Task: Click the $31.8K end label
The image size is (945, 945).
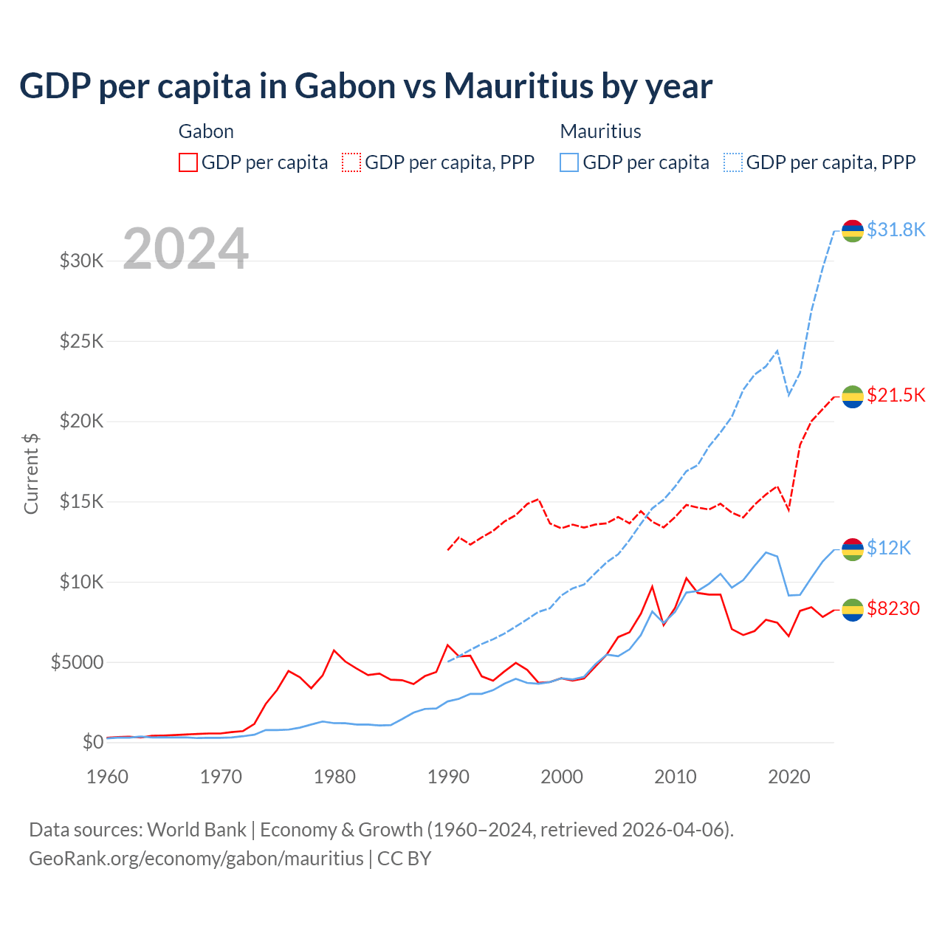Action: coord(896,230)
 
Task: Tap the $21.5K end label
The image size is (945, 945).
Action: coord(896,395)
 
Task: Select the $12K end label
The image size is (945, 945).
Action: coord(888,548)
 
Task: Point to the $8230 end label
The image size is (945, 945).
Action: coord(893,608)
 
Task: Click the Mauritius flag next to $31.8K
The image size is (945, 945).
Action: coord(853,230)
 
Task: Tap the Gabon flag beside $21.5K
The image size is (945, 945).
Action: coord(853,396)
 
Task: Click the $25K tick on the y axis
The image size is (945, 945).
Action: coord(81,341)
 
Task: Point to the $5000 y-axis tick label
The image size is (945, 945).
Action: coord(77,662)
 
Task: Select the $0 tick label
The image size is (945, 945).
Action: coord(92,742)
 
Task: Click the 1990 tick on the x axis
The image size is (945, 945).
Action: coord(448,777)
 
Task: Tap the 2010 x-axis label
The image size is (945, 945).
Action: coord(676,777)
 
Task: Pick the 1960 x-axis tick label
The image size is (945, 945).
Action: coord(108,777)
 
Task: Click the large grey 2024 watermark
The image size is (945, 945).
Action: coord(185,249)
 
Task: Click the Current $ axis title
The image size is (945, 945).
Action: coord(31,474)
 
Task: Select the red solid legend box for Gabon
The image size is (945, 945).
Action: coord(188,162)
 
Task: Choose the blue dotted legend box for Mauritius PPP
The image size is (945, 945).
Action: coord(733,162)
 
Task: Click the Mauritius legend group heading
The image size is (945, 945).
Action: coord(600,131)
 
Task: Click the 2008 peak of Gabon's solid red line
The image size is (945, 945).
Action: coord(653,586)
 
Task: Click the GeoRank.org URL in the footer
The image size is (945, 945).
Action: coord(196,859)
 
